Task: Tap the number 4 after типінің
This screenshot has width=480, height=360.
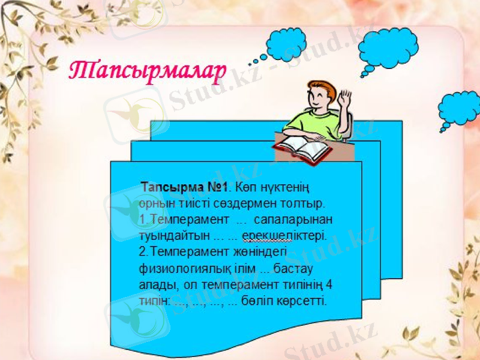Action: pyautogui.click(x=328, y=285)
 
